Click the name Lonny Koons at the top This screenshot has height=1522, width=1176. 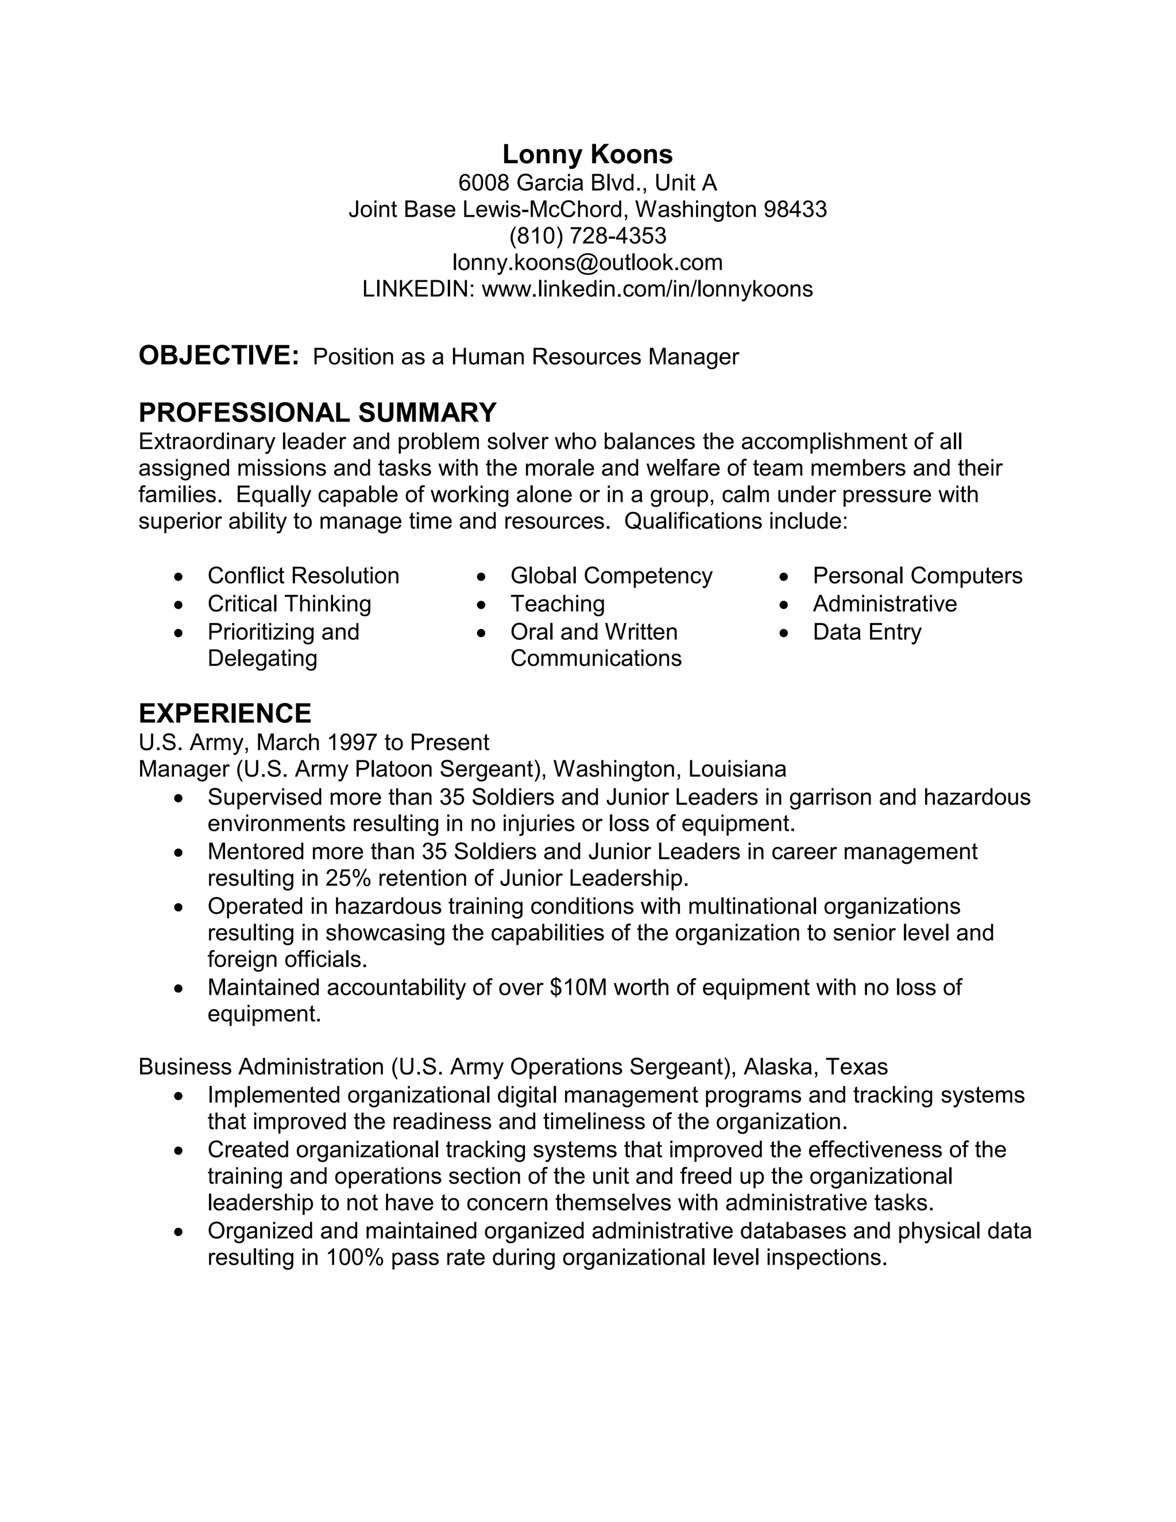[x=587, y=154]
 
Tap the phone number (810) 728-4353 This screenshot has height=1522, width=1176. [x=587, y=235]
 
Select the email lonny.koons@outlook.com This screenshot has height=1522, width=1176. [x=587, y=262]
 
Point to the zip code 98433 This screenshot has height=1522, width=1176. [x=795, y=209]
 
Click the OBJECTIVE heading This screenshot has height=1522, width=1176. [x=218, y=356]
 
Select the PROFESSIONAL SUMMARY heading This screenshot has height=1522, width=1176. [x=317, y=412]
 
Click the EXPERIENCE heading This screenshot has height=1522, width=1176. [x=225, y=713]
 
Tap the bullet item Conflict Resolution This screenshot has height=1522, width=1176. [x=303, y=575]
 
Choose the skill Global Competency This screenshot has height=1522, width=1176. [x=611, y=575]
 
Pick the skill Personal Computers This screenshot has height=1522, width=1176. [x=917, y=575]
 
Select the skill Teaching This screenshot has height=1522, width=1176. [x=558, y=604]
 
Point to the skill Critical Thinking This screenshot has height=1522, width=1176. [x=289, y=604]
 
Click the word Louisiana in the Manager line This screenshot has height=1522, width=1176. [x=737, y=770]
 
